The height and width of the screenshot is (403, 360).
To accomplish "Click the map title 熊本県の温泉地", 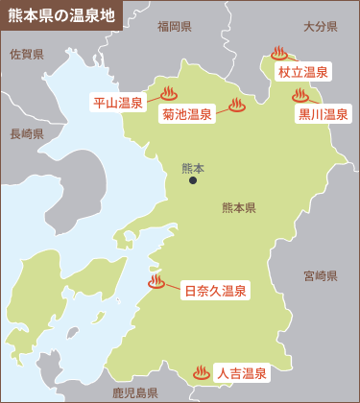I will [60, 16].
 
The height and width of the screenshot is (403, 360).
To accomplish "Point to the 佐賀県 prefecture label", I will [27, 55].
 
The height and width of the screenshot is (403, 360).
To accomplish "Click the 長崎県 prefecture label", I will [27, 134].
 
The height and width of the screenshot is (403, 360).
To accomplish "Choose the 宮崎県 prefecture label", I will [320, 275].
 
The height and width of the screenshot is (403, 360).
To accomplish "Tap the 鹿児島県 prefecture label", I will [135, 392].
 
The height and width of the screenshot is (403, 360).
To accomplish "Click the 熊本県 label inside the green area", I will [238, 207].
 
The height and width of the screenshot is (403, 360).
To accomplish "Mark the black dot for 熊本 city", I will [193, 179].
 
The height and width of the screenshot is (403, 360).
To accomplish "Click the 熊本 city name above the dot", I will [193, 166].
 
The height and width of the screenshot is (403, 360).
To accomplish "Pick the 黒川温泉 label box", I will [323, 114].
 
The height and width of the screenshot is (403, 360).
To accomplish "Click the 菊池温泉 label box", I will [186, 114].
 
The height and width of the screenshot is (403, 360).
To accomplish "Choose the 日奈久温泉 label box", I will [215, 291].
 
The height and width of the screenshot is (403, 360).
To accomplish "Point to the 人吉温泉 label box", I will [240, 373].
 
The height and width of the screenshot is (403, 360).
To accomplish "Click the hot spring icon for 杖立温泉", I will [279, 54].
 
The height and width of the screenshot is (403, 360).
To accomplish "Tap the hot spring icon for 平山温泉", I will [169, 94].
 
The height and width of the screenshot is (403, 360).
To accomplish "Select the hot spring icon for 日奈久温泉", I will [156, 282].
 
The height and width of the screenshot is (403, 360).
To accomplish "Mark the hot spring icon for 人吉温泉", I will [201, 371].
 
